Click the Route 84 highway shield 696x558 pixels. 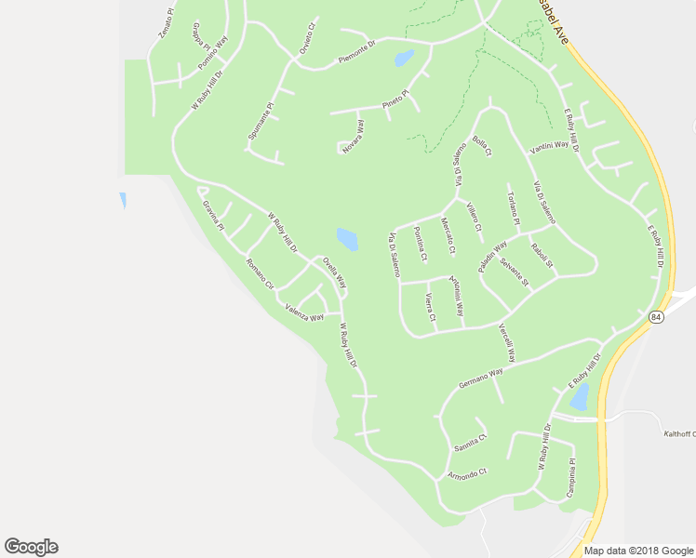[657, 317]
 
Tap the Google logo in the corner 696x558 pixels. [31, 547]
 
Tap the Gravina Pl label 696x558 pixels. [214, 217]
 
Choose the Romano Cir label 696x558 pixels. [260, 275]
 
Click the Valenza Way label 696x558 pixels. [304, 312]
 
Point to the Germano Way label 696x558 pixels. [480, 378]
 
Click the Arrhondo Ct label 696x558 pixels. [466, 475]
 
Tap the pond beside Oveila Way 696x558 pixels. [347, 239]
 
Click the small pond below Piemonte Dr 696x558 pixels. [404, 59]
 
